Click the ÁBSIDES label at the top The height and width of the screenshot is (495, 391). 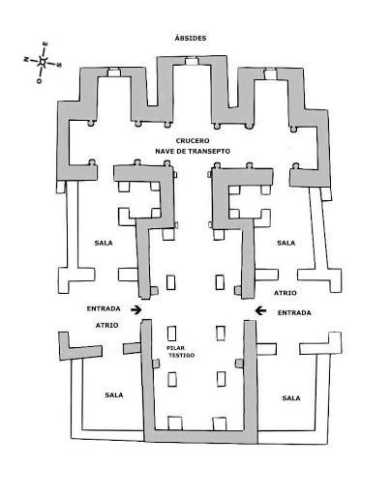click(x=191, y=38)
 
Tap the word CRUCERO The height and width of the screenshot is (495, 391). click(x=193, y=141)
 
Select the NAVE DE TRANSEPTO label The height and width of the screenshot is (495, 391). click(x=193, y=151)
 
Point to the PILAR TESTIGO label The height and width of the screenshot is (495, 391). click(x=181, y=352)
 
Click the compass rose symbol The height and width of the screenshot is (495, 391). click(x=43, y=61)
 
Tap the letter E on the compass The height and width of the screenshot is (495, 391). click(x=45, y=44)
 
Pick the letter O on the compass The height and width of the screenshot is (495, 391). click(x=40, y=81)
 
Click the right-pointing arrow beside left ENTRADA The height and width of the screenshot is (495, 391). click(x=136, y=310)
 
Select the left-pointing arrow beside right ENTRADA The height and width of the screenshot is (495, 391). click(x=260, y=310)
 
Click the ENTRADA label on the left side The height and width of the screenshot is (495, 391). click(x=104, y=308)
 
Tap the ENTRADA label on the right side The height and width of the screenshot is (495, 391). click(x=294, y=312)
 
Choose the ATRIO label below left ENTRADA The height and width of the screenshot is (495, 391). click(x=106, y=325)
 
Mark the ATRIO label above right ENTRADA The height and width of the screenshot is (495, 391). click(x=286, y=293)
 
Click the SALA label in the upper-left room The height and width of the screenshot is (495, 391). click(x=104, y=243)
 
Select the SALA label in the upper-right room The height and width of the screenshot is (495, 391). click(x=286, y=243)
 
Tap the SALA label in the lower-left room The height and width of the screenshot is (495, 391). click(x=114, y=394)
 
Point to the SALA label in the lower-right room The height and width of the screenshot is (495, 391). click(x=291, y=398)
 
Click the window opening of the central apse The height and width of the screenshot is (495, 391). click(x=191, y=61)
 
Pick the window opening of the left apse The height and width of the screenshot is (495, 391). click(x=113, y=73)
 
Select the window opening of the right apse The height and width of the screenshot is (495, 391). click(x=270, y=74)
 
